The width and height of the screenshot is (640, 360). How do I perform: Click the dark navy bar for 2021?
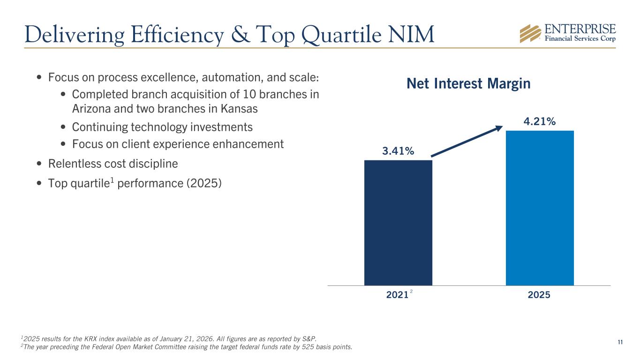(x=398, y=223)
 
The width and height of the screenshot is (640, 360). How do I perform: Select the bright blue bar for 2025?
(x=540, y=208)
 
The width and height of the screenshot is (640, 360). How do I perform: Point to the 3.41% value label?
(x=398, y=151)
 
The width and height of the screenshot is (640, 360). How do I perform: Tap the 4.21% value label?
(x=540, y=121)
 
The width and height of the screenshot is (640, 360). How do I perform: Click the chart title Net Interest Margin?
(x=468, y=84)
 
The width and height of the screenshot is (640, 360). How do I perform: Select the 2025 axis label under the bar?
(x=540, y=295)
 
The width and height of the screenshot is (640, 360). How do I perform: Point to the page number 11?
(x=620, y=342)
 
